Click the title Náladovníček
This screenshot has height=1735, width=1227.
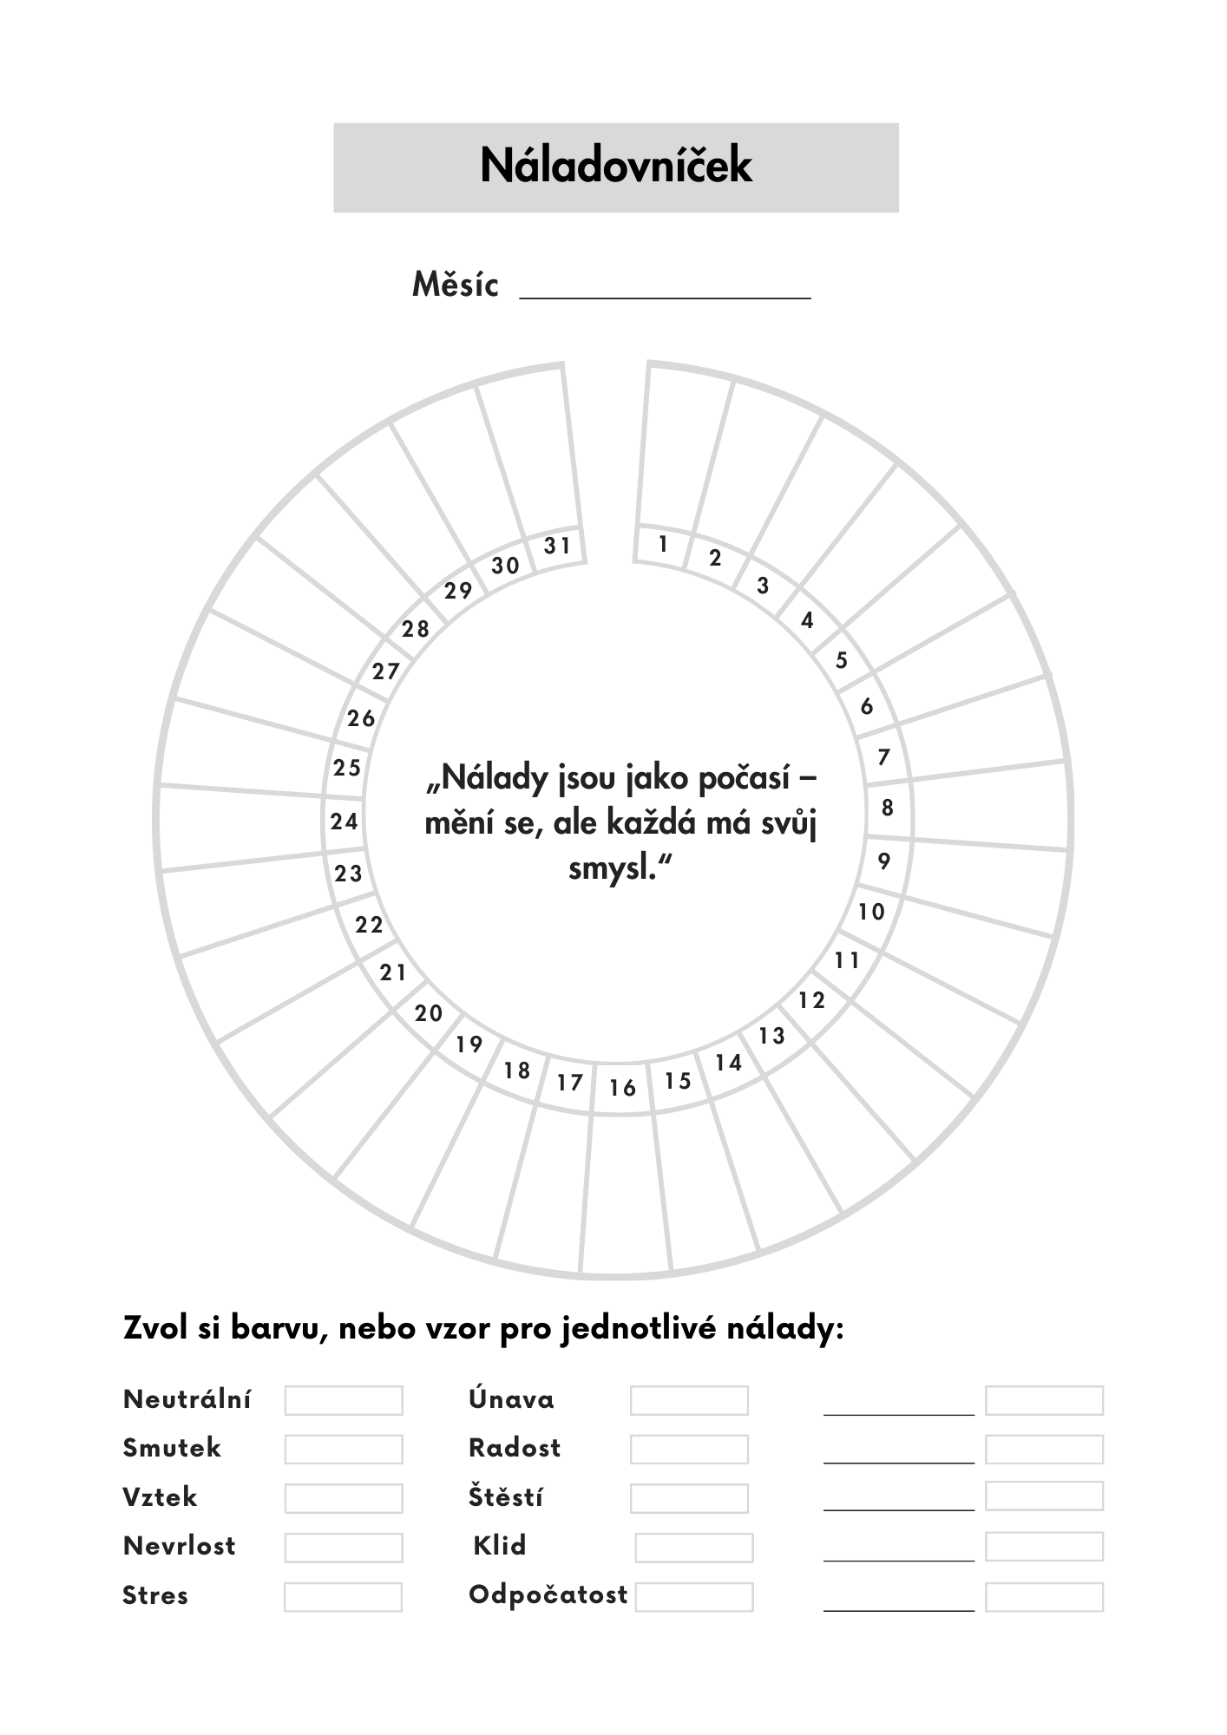[615, 166]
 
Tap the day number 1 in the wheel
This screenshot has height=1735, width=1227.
[663, 544]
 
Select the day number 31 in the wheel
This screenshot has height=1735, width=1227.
[557, 546]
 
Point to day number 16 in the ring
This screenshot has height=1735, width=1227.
[622, 1088]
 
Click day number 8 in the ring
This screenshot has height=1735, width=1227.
[887, 808]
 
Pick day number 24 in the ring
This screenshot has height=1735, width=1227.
[344, 821]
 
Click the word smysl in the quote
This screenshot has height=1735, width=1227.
[611, 867]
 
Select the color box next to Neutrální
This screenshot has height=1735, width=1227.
[344, 1400]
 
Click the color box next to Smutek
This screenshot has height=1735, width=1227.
[344, 1449]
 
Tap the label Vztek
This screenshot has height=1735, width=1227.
[161, 1497]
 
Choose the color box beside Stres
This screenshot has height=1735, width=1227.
[343, 1596]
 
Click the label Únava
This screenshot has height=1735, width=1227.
[511, 1399]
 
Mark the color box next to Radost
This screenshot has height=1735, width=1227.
[689, 1449]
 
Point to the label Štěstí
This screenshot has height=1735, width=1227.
[506, 1497]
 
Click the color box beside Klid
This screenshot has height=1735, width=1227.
[694, 1547]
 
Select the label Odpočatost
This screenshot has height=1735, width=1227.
[548, 1594]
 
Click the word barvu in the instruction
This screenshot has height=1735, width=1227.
[279, 1328]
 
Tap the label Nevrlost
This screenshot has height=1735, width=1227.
[180, 1546]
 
